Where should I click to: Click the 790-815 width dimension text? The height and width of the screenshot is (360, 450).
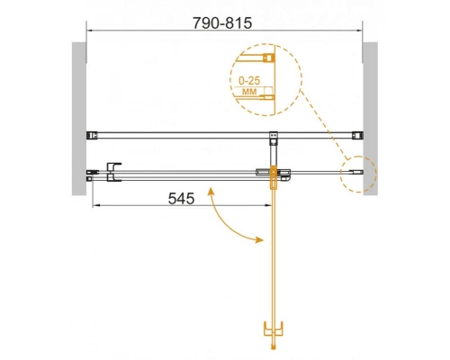[x=222, y=23]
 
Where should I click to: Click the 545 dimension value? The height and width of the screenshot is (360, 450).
[x=181, y=198]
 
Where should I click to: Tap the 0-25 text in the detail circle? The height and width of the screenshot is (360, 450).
[x=249, y=81]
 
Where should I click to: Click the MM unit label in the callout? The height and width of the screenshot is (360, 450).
[x=249, y=91]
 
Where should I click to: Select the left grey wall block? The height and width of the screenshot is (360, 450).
[x=79, y=119]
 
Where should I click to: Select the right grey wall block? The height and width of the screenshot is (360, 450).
[x=370, y=119]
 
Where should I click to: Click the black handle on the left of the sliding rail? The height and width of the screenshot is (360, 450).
[x=113, y=172]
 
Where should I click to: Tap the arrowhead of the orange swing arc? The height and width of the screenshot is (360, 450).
[x=260, y=239]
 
